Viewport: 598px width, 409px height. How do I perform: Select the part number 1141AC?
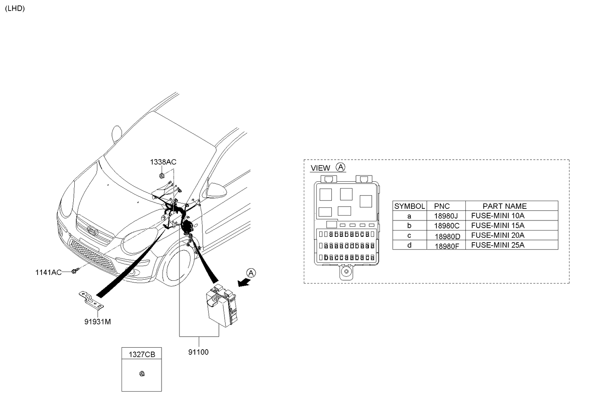tap(48, 272)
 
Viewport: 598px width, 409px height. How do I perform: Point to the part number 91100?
tap(198, 352)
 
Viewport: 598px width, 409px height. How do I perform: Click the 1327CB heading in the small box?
tap(141, 354)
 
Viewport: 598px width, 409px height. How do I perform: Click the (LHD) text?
tap(14, 9)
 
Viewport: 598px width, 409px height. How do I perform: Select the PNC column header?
tap(442, 206)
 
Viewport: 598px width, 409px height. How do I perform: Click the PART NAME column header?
tap(504, 206)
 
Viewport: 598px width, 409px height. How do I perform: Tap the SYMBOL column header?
tap(409, 206)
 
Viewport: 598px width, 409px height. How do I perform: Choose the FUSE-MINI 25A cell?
tap(497, 245)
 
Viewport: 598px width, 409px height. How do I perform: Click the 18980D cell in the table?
tap(447, 236)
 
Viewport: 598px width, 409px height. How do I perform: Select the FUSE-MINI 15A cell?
tap(497, 225)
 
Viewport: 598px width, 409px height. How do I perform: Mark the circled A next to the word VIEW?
tap(340, 167)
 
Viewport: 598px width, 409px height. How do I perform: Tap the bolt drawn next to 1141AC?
tap(75, 272)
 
